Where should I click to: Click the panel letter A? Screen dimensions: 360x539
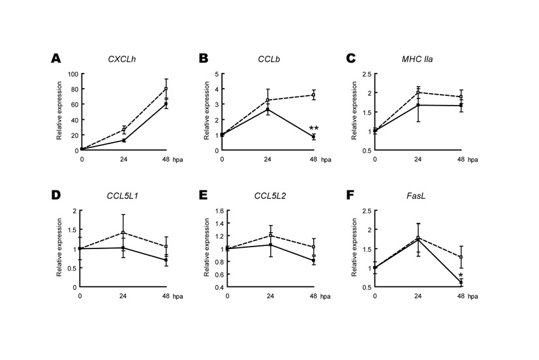click(x=57, y=59)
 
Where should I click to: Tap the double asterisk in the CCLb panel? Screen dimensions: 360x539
click(x=313, y=128)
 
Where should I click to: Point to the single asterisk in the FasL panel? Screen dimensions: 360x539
click(x=461, y=277)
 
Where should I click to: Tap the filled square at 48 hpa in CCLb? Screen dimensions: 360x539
click(x=313, y=137)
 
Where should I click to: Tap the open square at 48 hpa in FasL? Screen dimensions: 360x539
click(x=461, y=257)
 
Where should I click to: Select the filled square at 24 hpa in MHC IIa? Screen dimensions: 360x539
click(x=418, y=105)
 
